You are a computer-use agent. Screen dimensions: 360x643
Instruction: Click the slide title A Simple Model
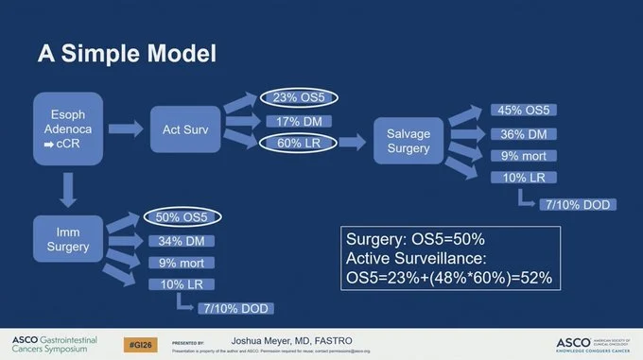(x=127, y=52)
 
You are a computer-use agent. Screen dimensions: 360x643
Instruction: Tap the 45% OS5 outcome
(x=522, y=111)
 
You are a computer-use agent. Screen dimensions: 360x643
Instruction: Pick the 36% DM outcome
(x=522, y=133)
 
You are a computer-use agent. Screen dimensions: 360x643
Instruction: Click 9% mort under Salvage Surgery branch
(x=522, y=155)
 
